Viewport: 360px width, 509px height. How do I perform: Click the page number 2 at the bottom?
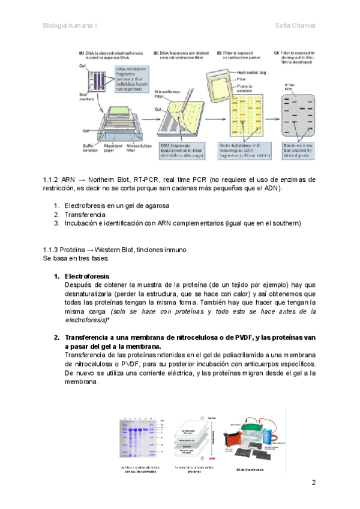tap(313, 483)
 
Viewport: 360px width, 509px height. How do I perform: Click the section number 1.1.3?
tap(50, 249)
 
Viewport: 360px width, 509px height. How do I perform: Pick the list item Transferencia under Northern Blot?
tap(85, 214)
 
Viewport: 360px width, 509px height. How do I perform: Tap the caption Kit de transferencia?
tap(251, 467)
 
